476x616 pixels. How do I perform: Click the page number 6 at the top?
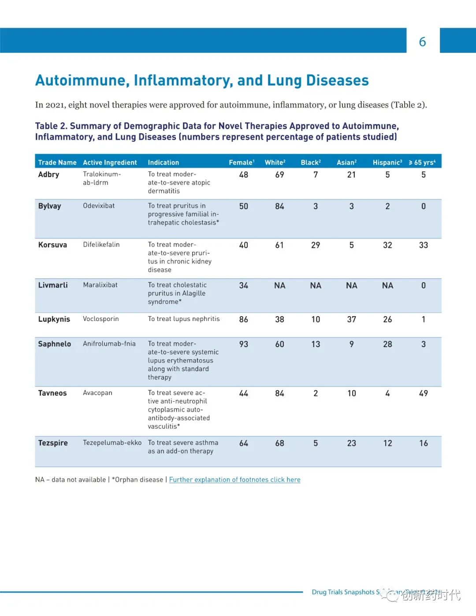[x=422, y=41]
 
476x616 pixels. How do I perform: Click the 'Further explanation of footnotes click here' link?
[x=234, y=480]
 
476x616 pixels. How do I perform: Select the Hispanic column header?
[x=387, y=162]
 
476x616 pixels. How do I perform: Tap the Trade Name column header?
[x=57, y=162]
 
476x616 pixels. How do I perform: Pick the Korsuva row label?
[x=52, y=245]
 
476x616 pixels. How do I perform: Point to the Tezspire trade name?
[x=53, y=443]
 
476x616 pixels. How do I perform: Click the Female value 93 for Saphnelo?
[x=244, y=344]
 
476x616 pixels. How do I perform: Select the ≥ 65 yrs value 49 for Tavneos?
[x=423, y=393]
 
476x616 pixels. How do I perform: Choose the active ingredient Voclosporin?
[x=101, y=319]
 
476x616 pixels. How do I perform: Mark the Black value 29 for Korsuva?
[x=316, y=245]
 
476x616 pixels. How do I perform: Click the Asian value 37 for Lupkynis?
[x=351, y=319]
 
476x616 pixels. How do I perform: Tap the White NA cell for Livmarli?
[x=279, y=286]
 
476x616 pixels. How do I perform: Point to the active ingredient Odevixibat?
[x=99, y=206]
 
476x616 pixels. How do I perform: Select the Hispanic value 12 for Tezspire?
[x=387, y=443]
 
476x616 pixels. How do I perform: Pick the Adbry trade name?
[x=48, y=175]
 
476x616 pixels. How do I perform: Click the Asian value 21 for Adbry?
[x=351, y=175]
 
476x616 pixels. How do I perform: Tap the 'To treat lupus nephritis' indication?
[x=184, y=319]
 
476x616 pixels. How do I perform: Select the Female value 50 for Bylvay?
[x=244, y=206]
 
